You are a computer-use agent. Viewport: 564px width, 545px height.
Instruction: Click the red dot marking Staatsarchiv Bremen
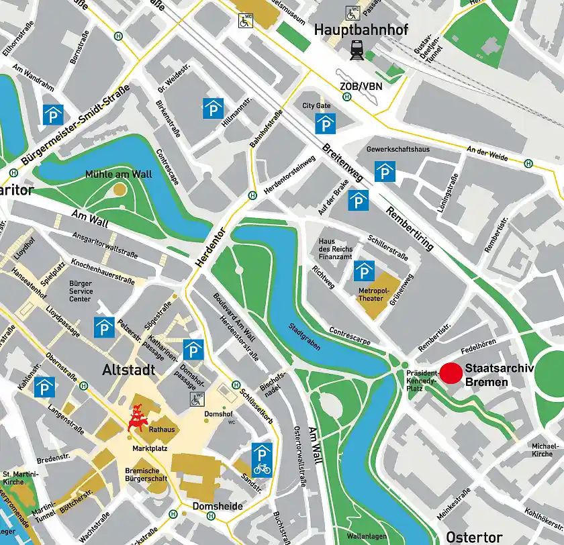coord(451,374)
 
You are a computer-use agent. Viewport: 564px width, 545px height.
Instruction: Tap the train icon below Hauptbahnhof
coord(355,49)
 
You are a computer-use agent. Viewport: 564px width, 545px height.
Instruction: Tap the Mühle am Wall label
coord(118,175)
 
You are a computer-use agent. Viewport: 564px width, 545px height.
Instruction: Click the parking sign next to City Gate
coord(326,123)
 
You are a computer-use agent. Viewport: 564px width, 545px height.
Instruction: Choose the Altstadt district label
coord(129,370)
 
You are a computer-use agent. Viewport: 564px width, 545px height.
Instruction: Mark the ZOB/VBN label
coord(360,86)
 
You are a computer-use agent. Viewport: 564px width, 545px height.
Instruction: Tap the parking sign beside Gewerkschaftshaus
coord(385,172)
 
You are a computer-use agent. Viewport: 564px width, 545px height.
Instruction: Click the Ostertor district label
coord(474,537)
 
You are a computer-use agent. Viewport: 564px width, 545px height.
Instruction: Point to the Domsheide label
coord(218,506)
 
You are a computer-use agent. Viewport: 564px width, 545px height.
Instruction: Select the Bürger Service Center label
coord(81,291)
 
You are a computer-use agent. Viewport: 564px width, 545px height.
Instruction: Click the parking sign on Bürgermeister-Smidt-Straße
coord(53,115)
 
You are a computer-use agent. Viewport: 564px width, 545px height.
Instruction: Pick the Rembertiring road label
coord(410,228)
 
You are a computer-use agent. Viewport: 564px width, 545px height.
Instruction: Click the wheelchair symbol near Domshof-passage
coord(197,400)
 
